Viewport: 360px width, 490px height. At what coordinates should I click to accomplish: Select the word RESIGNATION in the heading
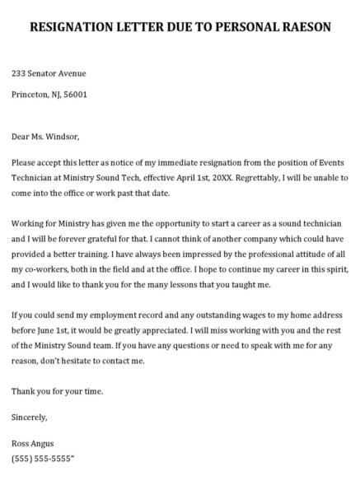coord(76,27)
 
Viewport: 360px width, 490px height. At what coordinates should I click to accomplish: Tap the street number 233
coord(20,73)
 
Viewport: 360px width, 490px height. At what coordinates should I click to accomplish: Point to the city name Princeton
coord(31,95)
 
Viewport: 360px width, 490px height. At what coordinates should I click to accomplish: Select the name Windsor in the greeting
coord(63,136)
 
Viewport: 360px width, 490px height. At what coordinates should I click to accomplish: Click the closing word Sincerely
coord(30,418)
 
